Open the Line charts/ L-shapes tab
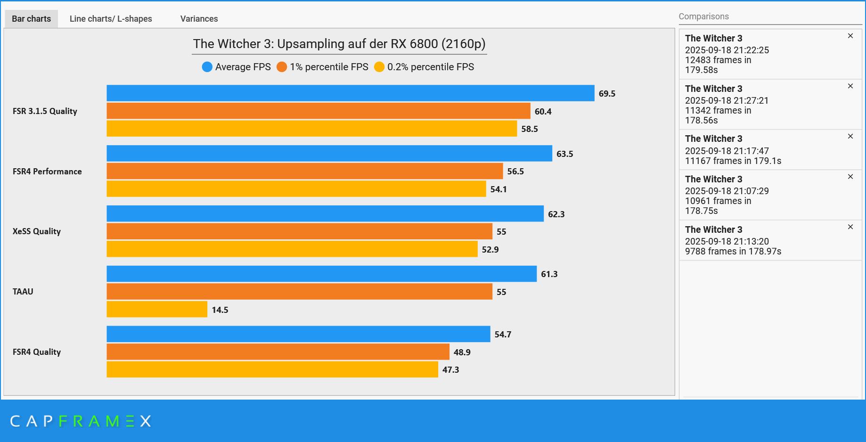pyautogui.click(x=111, y=19)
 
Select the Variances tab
pyautogui.click(x=199, y=19)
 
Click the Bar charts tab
pyautogui.click(x=31, y=19)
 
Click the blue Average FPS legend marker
pyautogui.click(x=207, y=67)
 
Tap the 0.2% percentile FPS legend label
pyautogui.click(x=430, y=67)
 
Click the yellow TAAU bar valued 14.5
pyautogui.click(x=157, y=309)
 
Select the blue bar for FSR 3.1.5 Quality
pyautogui.click(x=350, y=93)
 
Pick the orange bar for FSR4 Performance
pyautogui.click(x=304, y=171)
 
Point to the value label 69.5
pyautogui.click(x=607, y=94)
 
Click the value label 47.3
pyautogui.click(x=450, y=370)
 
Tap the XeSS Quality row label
pyautogui.click(x=37, y=231)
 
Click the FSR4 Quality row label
pyautogui.click(x=37, y=352)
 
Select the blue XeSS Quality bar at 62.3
pyautogui.click(x=325, y=213)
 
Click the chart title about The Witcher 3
pyautogui.click(x=339, y=44)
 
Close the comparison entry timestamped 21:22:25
pyautogui.click(x=850, y=36)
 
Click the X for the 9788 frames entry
pyautogui.click(x=850, y=227)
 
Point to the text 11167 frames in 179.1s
pyautogui.click(x=733, y=161)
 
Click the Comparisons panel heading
pyautogui.click(x=703, y=16)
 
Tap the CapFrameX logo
pyautogui.click(x=81, y=421)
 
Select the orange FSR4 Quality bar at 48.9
pyautogui.click(x=278, y=352)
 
